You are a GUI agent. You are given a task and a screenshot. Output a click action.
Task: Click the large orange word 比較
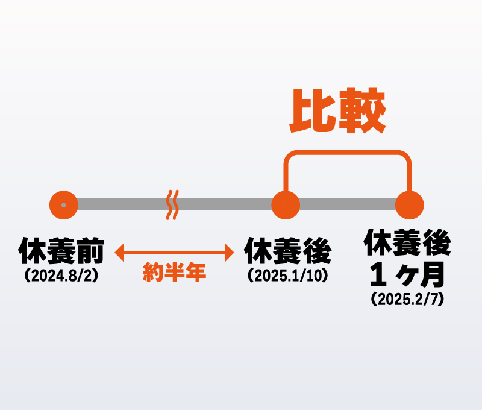338,112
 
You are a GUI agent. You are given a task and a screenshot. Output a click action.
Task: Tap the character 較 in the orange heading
363,112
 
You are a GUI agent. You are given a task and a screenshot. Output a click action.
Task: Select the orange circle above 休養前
64,205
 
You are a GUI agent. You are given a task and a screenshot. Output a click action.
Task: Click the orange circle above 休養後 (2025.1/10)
286,205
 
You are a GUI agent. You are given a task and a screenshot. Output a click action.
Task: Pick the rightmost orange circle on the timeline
410,205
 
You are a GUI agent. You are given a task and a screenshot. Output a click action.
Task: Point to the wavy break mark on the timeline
173,204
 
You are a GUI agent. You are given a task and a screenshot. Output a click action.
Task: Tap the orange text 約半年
175,273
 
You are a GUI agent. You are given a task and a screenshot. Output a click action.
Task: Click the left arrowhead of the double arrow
119,253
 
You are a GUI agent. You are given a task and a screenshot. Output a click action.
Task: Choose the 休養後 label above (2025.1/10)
287,251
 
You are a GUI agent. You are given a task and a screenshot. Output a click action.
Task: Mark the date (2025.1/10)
287,276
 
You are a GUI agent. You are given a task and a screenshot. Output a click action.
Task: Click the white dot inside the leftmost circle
64,205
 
